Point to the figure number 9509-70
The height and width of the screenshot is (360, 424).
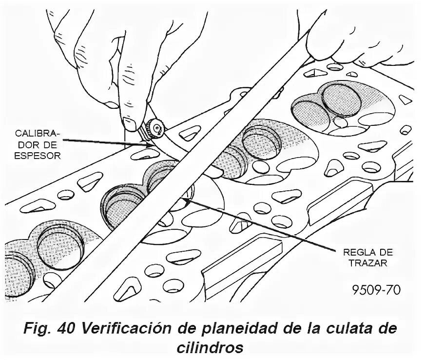pos(377,290)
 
